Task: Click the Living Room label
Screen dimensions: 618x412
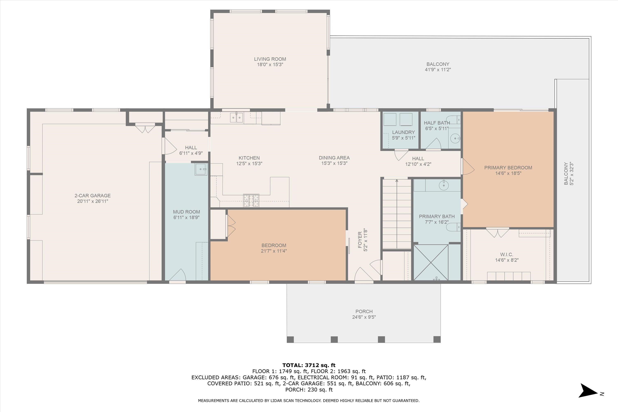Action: (270, 59)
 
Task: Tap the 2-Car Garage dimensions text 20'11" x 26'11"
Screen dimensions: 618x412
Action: (93, 201)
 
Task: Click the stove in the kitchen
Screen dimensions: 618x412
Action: (251, 200)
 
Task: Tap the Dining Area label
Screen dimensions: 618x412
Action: (334, 158)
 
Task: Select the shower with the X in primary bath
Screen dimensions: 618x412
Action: (431, 262)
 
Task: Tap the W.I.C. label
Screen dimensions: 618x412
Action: (507, 254)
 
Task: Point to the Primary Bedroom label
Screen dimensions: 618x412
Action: (508, 168)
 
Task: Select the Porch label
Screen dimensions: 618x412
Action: (364, 311)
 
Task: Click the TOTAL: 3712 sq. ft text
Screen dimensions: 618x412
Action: (309, 365)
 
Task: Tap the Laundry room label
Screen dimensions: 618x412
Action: (403, 132)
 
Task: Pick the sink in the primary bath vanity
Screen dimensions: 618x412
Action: (444, 185)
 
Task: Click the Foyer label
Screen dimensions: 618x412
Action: (360, 240)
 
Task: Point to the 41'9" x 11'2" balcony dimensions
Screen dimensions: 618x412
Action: (438, 70)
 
